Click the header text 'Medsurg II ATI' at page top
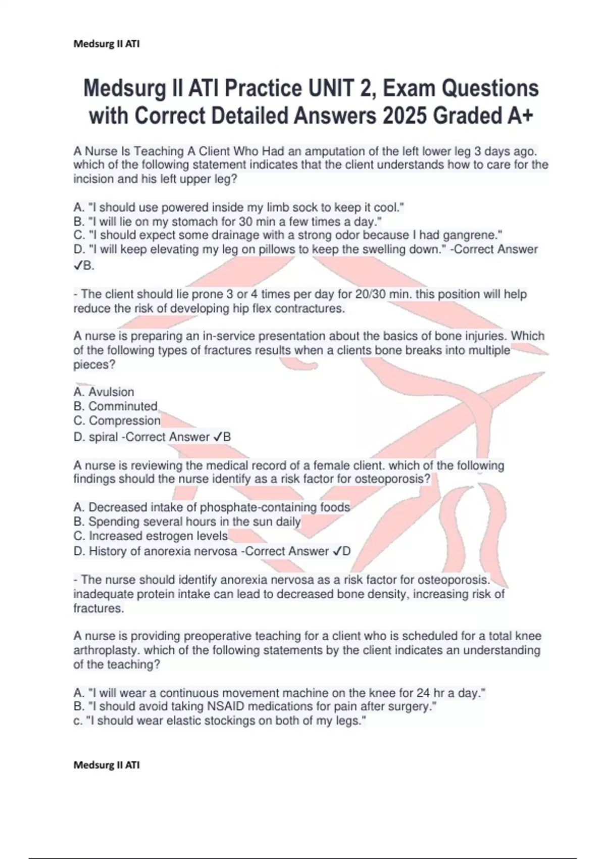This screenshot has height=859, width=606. [x=106, y=44]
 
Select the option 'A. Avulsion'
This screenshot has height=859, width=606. [x=104, y=392]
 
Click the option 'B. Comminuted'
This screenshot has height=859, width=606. [x=115, y=406]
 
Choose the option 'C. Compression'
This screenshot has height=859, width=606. [x=117, y=420]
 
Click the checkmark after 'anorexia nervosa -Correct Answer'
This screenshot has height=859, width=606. [x=337, y=551]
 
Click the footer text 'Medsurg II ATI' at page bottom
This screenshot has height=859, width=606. [x=106, y=765]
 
